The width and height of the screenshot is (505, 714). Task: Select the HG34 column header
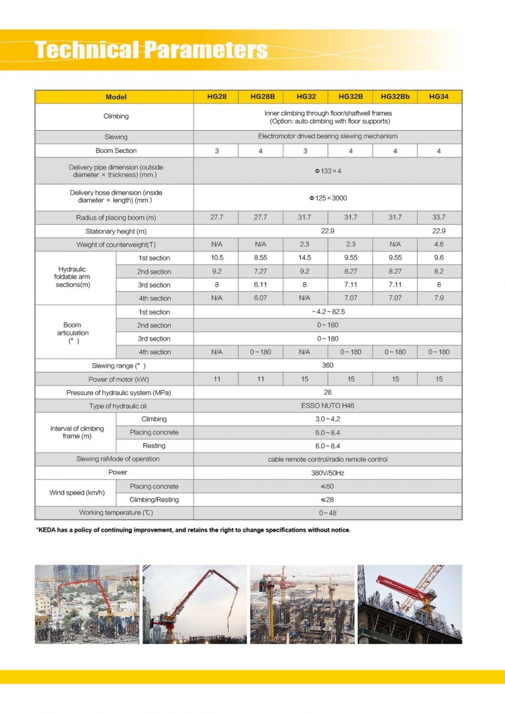point(438,96)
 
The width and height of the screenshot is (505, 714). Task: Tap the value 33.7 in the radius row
point(438,217)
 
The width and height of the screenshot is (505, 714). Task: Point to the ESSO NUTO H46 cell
point(327,405)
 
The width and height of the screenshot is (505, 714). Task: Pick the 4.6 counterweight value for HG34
point(438,244)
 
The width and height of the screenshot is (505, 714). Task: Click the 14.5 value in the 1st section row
point(305,257)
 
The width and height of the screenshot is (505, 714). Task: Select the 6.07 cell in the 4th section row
point(260,298)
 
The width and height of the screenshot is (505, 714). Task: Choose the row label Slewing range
point(118,365)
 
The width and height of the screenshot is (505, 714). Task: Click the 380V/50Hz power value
point(327,473)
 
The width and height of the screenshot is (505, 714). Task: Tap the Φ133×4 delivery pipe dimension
point(328,171)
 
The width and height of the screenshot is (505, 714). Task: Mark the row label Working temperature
point(116,513)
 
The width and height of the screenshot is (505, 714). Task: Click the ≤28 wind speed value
point(327,500)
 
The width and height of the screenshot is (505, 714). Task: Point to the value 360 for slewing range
point(327,365)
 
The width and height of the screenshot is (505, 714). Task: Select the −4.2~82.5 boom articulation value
point(328,311)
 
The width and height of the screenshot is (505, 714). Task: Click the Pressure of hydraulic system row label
point(118,393)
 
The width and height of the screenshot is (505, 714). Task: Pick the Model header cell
point(116,97)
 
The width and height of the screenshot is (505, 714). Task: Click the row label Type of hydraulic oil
point(118,406)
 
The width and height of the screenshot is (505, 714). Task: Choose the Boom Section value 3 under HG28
point(217,151)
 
